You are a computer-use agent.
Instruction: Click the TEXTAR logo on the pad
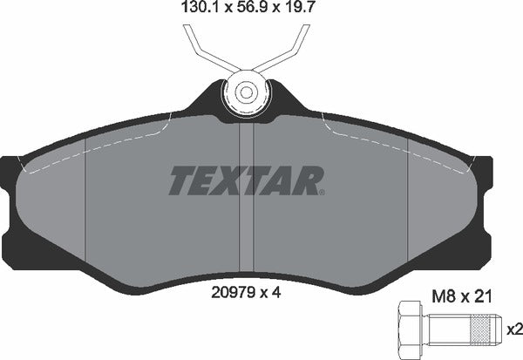click(245, 180)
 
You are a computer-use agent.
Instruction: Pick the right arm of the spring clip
click(291, 48)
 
